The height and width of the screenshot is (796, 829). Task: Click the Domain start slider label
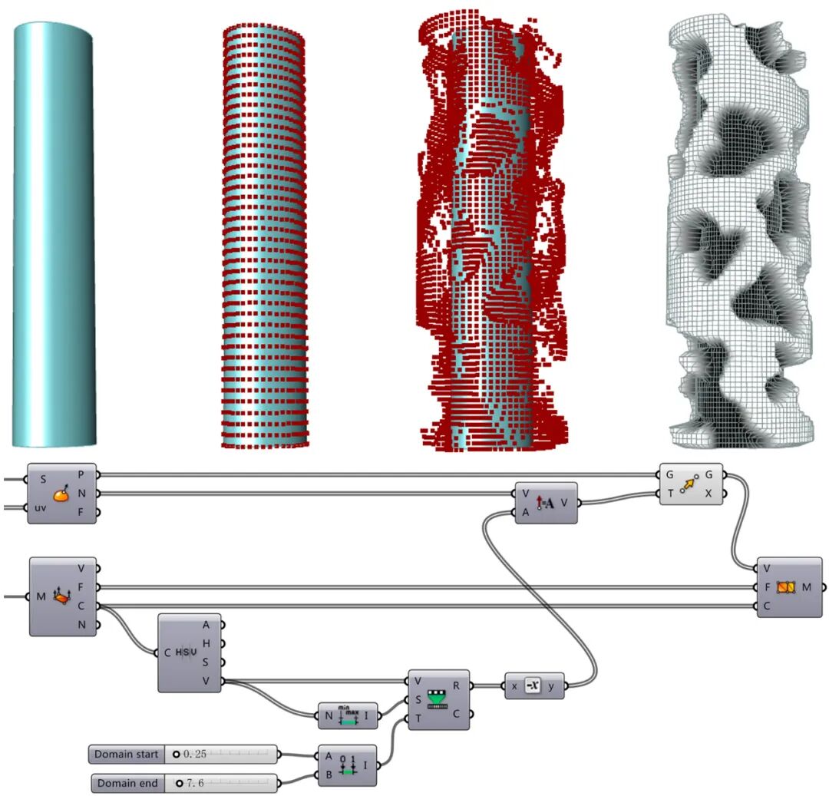click(127, 755)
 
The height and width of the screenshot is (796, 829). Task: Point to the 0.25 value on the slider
click(190, 755)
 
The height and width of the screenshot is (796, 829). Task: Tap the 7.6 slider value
click(191, 784)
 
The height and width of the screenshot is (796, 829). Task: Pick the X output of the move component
click(708, 493)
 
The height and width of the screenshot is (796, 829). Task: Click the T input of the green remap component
click(418, 718)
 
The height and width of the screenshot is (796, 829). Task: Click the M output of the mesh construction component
click(807, 587)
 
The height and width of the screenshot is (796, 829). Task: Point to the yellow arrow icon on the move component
click(690, 484)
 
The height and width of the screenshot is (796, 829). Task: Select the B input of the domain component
click(329, 775)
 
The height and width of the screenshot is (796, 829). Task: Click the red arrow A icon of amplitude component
click(546, 503)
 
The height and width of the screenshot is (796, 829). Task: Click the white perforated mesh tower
click(738, 230)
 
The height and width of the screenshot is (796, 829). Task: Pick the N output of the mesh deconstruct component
click(81, 626)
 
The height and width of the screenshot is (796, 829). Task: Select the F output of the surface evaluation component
click(81, 512)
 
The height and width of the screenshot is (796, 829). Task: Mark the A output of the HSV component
click(205, 624)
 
